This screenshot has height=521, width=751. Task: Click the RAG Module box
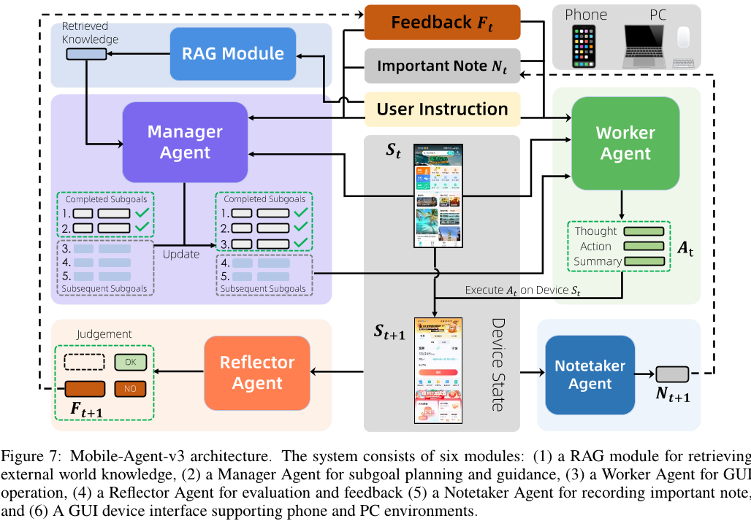232,53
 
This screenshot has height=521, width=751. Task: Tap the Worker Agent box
625,143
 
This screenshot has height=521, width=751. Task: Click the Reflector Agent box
257,372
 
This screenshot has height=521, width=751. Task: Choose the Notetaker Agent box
590,373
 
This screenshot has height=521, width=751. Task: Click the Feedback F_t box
442,22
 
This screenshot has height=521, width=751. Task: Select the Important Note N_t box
442,66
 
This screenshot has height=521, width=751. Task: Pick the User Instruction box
442,109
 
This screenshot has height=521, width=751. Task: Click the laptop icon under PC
645,46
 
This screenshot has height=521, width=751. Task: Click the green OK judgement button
130,361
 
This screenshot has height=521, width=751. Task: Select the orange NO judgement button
130,388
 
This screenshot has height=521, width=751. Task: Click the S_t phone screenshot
438,196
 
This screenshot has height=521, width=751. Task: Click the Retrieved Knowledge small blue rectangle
86,54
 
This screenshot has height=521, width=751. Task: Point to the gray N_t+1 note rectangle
673,373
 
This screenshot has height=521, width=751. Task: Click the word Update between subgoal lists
181,255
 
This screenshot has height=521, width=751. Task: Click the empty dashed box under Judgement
84,361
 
